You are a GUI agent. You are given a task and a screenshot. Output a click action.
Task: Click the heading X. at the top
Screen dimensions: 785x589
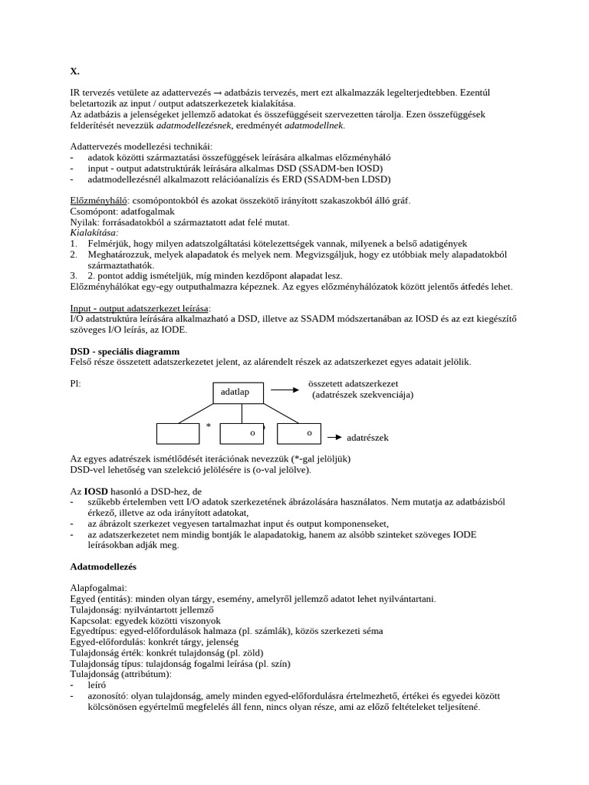(74, 71)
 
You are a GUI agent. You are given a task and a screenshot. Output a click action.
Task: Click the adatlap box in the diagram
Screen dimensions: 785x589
(240, 392)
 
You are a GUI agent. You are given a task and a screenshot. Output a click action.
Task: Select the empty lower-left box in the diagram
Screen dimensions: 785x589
(177, 433)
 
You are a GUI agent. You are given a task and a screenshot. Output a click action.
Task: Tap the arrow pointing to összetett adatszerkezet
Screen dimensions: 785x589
(285, 389)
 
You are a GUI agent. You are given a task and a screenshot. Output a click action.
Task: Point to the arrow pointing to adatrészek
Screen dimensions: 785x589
(334, 438)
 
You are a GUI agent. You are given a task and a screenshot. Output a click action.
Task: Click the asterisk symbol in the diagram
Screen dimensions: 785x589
(208, 425)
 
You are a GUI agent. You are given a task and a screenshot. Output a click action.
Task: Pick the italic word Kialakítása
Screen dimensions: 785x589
(94, 232)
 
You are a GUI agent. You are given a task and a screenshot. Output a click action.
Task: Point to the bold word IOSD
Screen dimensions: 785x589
(97, 491)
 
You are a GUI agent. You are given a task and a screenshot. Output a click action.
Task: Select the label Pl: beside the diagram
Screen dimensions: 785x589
(75, 383)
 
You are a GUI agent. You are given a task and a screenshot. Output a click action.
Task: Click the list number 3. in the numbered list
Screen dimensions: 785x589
(74, 275)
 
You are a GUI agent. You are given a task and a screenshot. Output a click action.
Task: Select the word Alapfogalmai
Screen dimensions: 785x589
(99, 588)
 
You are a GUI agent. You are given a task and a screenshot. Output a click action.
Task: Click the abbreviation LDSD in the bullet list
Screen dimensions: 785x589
(374, 179)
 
